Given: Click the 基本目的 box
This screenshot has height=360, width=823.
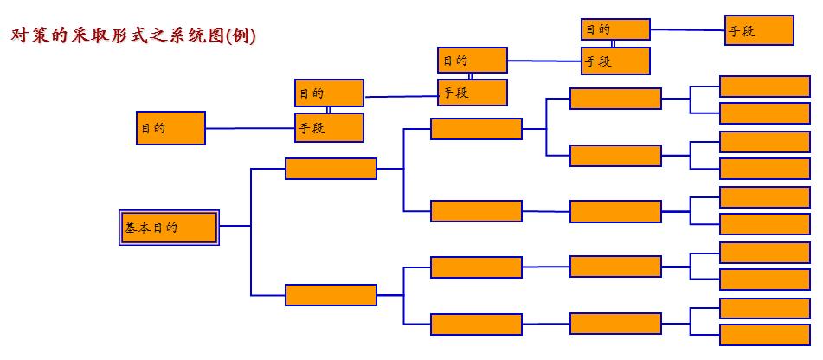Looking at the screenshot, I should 169,228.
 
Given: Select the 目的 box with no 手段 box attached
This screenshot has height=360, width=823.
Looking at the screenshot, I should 170,128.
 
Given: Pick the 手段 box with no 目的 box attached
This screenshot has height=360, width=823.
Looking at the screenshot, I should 759,30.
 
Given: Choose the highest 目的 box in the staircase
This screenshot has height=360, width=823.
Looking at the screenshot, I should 615,29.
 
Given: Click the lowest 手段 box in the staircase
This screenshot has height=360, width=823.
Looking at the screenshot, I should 329,128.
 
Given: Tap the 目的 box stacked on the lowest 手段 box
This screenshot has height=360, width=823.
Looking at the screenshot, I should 329,93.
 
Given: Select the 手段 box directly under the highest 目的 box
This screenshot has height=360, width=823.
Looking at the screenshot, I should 615,61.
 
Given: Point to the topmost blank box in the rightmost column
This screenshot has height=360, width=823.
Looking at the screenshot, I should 764,87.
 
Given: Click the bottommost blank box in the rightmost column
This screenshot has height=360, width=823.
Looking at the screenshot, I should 764,335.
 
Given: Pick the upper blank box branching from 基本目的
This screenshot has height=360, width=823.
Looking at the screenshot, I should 331,169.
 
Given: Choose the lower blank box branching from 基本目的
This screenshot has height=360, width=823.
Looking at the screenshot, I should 331,295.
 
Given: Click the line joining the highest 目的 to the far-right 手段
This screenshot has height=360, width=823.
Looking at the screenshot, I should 687,29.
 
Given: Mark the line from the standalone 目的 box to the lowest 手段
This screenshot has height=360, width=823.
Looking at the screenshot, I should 250,128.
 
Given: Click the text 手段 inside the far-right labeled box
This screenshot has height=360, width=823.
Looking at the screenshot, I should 743,31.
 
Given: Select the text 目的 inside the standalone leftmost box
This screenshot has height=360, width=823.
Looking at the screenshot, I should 153,128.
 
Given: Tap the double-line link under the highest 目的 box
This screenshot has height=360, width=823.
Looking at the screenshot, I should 614,43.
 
